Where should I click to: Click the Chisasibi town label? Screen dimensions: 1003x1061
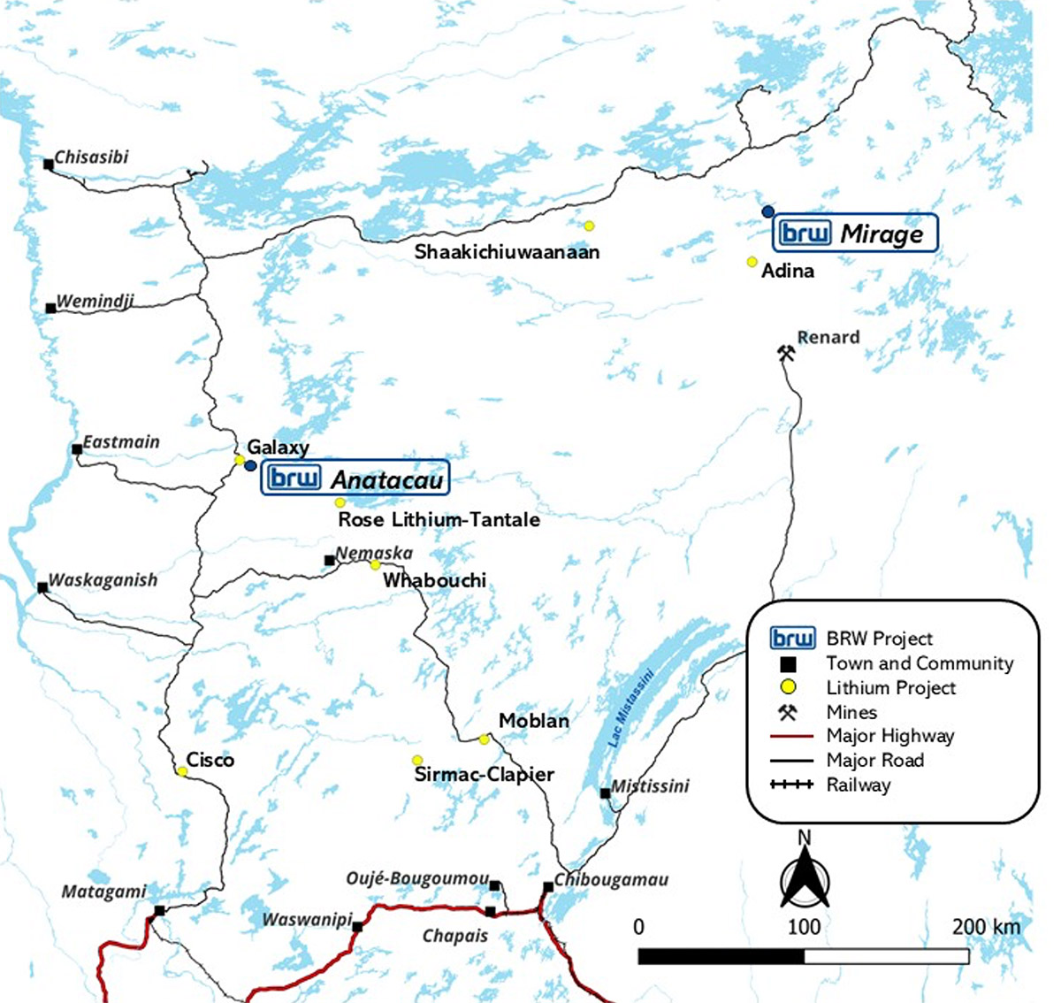pyautogui.click(x=91, y=157)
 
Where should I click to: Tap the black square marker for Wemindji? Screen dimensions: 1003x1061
pyautogui.click(x=51, y=308)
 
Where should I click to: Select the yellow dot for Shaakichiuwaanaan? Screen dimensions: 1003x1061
pyautogui.click(x=589, y=226)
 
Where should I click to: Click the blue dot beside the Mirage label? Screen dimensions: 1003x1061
pyautogui.click(x=768, y=211)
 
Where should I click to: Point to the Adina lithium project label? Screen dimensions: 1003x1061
pyautogui.click(x=787, y=271)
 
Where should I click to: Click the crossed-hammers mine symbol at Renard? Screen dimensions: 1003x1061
pyautogui.click(x=786, y=353)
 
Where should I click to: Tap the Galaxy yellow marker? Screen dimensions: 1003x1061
pyautogui.click(x=239, y=460)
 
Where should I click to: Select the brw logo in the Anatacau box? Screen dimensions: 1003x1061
pyautogui.click(x=294, y=479)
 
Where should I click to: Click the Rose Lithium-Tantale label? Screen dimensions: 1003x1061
pyautogui.click(x=439, y=519)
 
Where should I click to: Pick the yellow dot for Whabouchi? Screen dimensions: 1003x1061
pyautogui.click(x=375, y=565)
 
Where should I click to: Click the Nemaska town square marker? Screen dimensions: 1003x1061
pyautogui.click(x=329, y=560)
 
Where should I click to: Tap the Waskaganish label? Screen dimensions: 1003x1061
pyautogui.click(x=103, y=580)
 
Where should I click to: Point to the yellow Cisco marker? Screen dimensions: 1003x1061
pyautogui.click(x=182, y=771)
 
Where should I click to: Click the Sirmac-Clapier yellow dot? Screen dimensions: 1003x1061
pyautogui.click(x=417, y=761)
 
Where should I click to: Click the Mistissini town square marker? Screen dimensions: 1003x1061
pyautogui.click(x=605, y=793)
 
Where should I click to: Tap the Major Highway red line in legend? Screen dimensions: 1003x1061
pyautogui.click(x=791, y=736)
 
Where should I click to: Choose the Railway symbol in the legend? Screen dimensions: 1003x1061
pyautogui.click(x=791, y=785)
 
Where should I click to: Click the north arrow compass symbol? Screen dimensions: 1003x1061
pyautogui.click(x=805, y=876)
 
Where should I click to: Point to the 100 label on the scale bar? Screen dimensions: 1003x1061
pyautogui.click(x=804, y=927)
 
